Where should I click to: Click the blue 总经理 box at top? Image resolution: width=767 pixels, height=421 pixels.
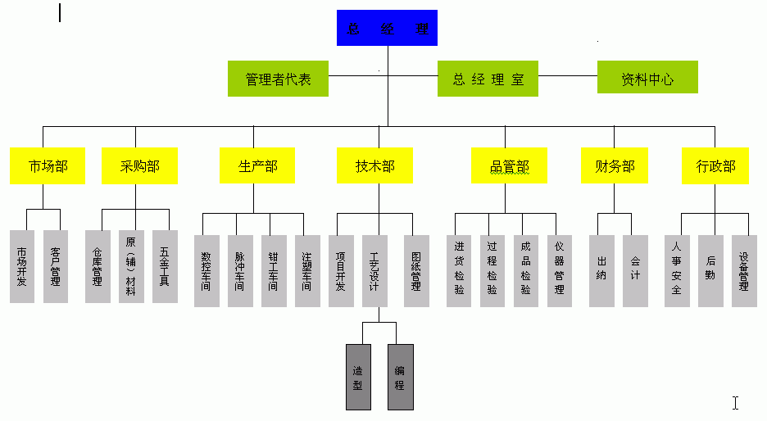[387, 27]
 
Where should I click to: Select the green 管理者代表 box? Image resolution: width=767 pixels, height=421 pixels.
[279, 79]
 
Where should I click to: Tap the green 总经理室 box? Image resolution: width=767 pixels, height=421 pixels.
[488, 79]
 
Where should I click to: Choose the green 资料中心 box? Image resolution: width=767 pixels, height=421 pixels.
[647, 79]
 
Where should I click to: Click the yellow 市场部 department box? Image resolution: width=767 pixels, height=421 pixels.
[48, 166]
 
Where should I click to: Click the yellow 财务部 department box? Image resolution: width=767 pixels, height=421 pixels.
[615, 166]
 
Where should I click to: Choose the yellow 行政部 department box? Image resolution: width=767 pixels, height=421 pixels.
[715, 166]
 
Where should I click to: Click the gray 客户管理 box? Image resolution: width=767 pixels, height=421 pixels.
[56, 266]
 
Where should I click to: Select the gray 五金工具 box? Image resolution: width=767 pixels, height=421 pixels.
[165, 266]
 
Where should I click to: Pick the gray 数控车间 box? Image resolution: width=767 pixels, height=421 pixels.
[206, 271]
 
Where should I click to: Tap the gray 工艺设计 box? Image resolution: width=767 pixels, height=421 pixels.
[374, 271]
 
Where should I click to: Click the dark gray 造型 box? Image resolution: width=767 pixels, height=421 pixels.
[357, 377]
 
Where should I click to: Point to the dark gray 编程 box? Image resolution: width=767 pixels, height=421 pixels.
[400, 377]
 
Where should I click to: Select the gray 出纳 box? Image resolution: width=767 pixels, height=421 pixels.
[601, 271]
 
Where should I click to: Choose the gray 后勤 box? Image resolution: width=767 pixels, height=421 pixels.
[710, 271]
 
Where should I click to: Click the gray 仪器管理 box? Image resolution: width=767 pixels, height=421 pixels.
[560, 271]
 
